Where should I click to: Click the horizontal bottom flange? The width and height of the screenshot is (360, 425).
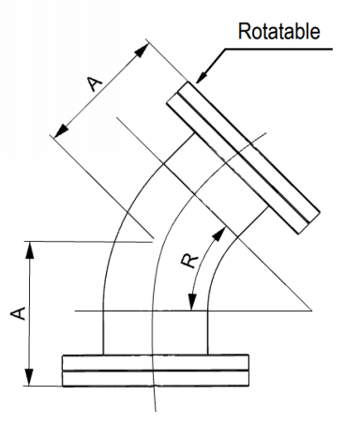[x=157, y=370]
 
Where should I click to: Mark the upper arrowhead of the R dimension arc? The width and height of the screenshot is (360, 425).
[x=221, y=227]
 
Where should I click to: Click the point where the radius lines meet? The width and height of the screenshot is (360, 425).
[x=308, y=310]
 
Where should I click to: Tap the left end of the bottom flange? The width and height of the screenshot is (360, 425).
[x=64, y=370]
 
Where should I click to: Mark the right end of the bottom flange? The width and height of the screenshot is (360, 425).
[x=248, y=370]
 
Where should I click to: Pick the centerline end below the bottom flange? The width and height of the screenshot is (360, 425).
[x=156, y=410]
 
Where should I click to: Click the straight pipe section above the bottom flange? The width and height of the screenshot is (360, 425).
[x=155, y=333]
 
